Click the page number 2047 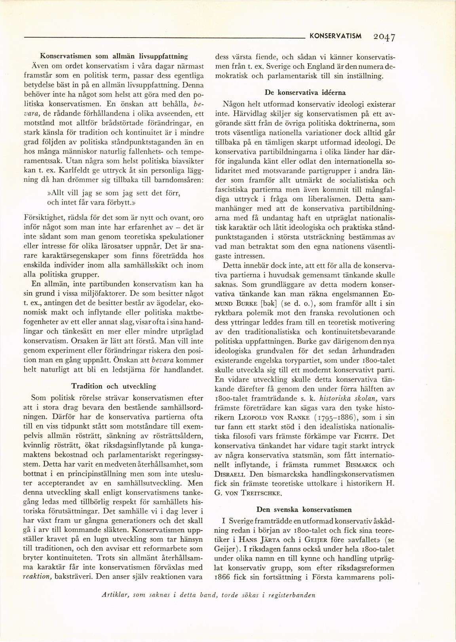(384, 37)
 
